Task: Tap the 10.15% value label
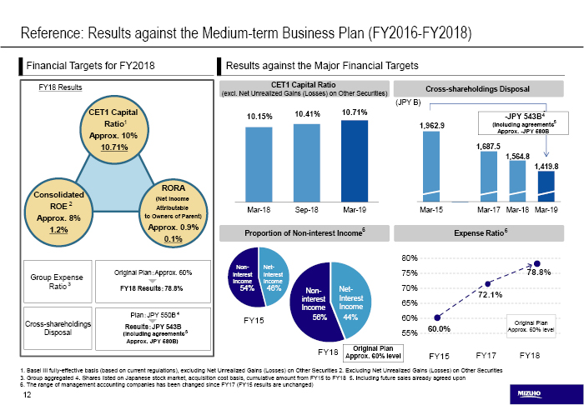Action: [259, 116]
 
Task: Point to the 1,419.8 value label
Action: [546, 166]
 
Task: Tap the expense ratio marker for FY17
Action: [488, 284]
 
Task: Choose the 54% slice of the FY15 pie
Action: [244, 278]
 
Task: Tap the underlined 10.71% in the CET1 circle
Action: [118, 147]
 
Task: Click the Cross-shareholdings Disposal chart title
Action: [478, 88]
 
